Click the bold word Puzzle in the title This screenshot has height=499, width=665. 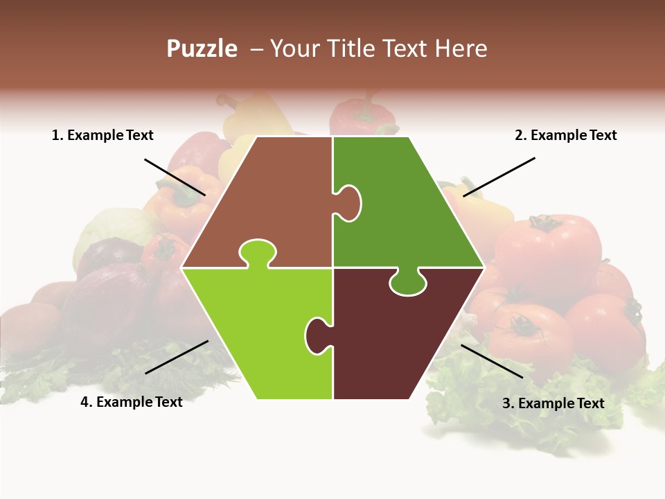point(202,49)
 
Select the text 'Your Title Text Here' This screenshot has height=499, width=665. point(378,49)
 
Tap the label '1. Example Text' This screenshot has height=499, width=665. point(103,136)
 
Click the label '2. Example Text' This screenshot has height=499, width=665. point(565,136)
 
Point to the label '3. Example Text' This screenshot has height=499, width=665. point(553,403)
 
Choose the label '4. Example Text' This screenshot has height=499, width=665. point(132,402)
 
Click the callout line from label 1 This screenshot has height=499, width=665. point(175,177)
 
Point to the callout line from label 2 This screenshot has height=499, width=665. point(499,177)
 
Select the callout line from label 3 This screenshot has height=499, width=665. point(492,361)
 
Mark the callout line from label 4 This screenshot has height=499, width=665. point(177,357)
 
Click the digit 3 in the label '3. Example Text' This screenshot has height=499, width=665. point(506,403)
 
